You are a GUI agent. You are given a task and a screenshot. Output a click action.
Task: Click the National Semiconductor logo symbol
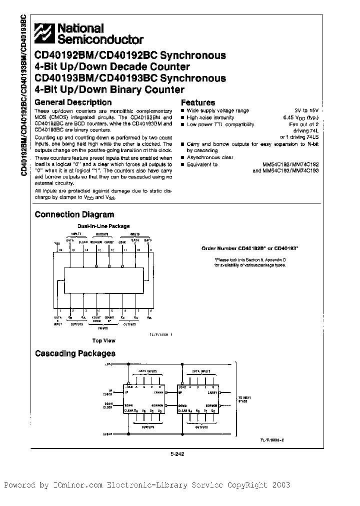click(44, 33)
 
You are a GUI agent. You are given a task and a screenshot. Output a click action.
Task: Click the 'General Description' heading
click(66, 102)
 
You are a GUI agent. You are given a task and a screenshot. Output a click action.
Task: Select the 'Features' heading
click(198, 102)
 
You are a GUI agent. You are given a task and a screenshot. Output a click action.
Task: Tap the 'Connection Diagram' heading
click(74, 214)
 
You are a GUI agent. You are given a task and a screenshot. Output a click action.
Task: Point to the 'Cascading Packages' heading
click(75, 353)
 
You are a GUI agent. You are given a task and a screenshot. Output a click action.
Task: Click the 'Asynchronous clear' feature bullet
click(210, 157)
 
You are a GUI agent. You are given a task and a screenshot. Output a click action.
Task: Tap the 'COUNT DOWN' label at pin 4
click(96, 319)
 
